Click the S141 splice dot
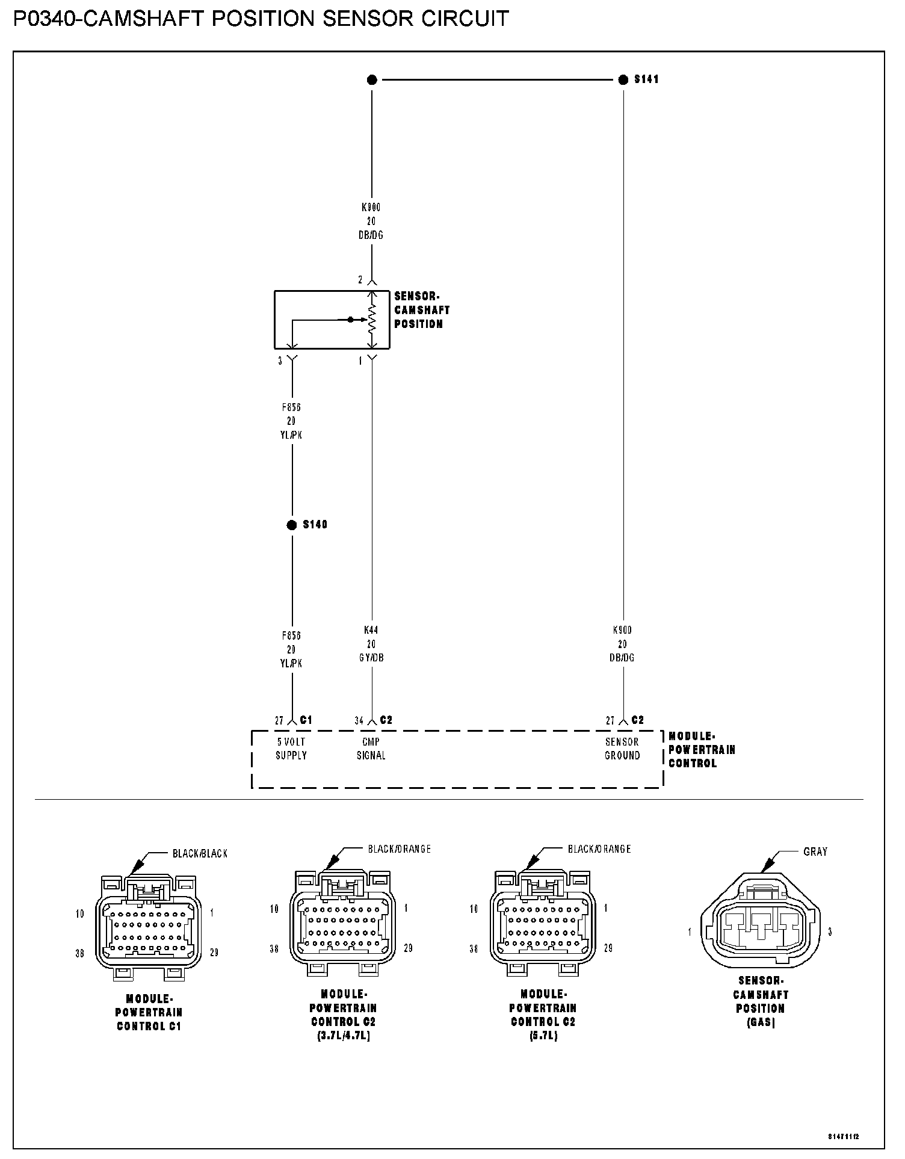pyautogui.click(x=623, y=79)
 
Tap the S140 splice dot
pyautogui.click(x=292, y=525)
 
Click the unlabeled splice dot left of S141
pyautogui.click(x=372, y=79)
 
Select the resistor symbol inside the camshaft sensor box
pyautogui.click(x=372, y=320)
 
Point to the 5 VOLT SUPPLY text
pyautogui.click(x=291, y=749)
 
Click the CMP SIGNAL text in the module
pyautogui.click(x=371, y=749)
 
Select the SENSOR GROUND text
pyautogui.click(x=622, y=749)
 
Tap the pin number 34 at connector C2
pyautogui.click(x=359, y=721)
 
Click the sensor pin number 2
pyautogui.click(x=360, y=280)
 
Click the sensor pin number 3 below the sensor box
pyautogui.click(x=280, y=361)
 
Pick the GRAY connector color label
pyautogui.click(x=815, y=851)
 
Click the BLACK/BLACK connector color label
pyautogui.click(x=200, y=853)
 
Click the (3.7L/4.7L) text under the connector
pyautogui.click(x=343, y=1036)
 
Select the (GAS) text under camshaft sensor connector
pyautogui.click(x=761, y=1023)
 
